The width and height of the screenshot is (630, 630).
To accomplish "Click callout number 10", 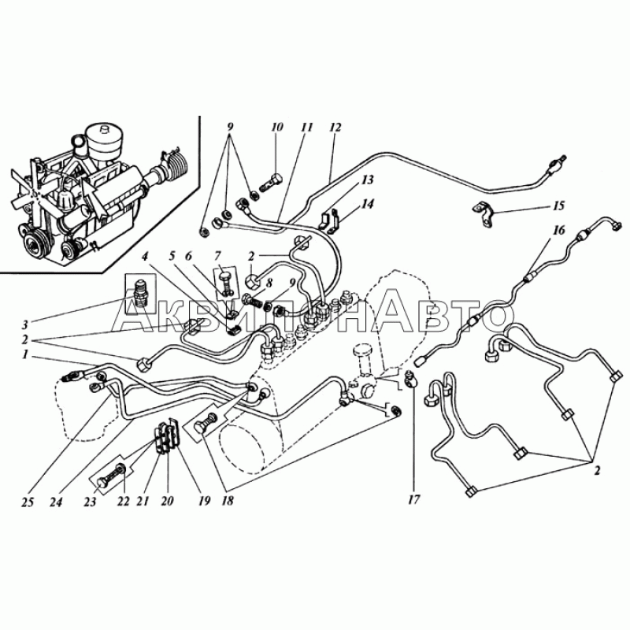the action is [277, 128].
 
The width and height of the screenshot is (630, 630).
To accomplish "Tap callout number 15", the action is [559, 206].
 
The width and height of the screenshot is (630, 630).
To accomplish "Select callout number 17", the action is [414, 499].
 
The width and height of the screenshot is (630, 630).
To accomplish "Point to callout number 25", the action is [28, 502].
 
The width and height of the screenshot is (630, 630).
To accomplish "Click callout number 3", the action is [24, 324].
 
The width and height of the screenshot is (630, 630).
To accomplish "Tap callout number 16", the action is [559, 230].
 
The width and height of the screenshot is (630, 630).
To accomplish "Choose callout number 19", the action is [204, 501].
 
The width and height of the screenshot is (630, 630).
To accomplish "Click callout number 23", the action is [90, 502].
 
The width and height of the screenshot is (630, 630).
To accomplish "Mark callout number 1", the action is [25, 355].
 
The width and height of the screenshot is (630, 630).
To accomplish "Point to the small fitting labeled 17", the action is [409, 379].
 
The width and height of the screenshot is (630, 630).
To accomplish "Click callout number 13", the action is [367, 180].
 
